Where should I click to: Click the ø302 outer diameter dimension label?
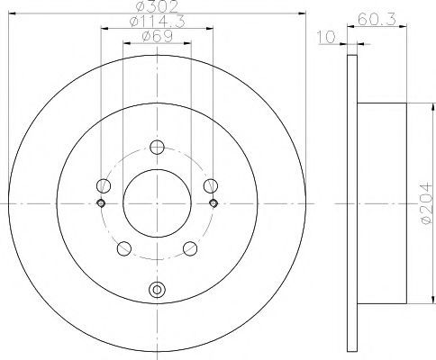(157, 6)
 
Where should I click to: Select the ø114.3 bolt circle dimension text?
(157, 22)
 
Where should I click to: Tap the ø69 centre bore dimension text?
(157, 36)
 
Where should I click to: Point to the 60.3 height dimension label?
(377, 19)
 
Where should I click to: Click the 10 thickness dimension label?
(326, 37)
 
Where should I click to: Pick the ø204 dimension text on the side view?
(427, 202)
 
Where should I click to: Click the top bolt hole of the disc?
(157, 148)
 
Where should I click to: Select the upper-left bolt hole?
(104, 185)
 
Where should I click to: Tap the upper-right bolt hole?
(211, 185)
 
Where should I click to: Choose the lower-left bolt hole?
(124, 248)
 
